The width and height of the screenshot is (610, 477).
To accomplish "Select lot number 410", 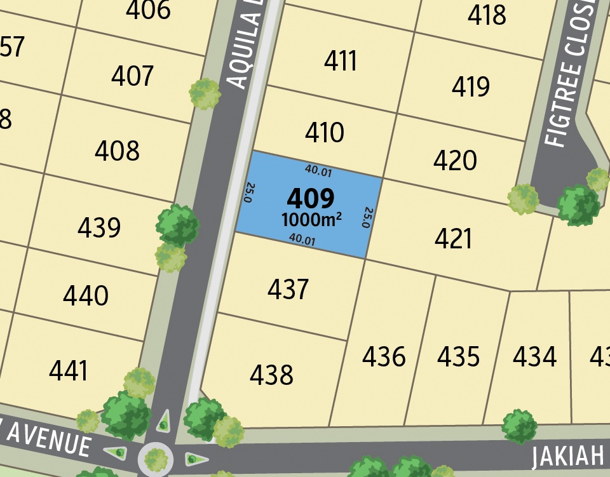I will point(324,133).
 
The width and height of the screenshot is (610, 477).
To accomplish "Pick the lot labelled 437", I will point(288,290).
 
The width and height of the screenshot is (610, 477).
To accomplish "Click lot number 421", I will point(454,239).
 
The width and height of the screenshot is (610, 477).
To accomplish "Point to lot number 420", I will point(455,161).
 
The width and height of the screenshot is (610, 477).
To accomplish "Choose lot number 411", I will point(341,62).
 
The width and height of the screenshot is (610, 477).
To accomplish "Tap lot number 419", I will point(471,87).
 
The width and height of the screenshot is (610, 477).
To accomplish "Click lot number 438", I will point(271,375).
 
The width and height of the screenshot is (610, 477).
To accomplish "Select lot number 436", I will point(384,357).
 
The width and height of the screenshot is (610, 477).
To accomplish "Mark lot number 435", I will point(458,357).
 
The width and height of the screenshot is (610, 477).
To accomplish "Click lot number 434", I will point(534,357).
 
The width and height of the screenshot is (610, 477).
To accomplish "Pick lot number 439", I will point(99,227).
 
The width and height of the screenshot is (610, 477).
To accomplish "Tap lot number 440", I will point(86,296).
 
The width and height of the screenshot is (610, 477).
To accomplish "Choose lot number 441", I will point(68,371).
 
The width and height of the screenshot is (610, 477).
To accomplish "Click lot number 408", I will point(117,151).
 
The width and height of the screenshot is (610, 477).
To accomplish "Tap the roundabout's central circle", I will point(156,457).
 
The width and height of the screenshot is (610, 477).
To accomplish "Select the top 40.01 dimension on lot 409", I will point(318,170).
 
